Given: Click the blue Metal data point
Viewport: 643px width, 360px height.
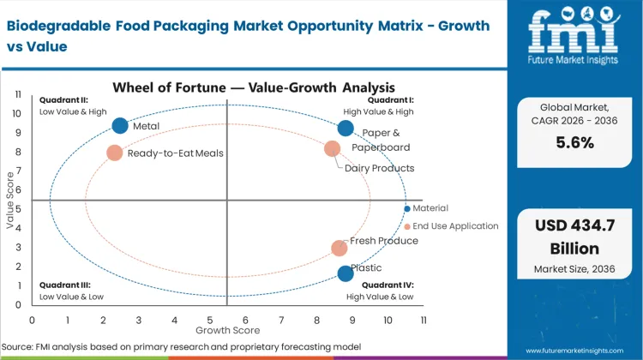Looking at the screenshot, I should [x=120, y=126].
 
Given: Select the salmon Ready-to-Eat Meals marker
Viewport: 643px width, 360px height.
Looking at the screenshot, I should [x=115, y=153].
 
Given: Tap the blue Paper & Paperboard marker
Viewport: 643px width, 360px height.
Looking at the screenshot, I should [x=346, y=129].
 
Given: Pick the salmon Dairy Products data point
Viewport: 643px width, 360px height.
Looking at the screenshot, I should [x=333, y=149].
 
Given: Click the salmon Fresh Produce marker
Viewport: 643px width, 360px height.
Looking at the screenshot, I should [x=340, y=248].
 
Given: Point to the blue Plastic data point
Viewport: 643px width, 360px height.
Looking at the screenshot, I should [x=346, y=273].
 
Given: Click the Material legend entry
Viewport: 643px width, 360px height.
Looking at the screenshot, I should [x=430, y=208].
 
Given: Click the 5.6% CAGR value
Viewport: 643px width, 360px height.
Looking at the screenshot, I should [x=574, y=143].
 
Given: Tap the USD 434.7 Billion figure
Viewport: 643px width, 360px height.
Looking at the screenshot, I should [x=574, y=237].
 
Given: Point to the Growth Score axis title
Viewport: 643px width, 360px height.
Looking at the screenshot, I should [x=227, y=329].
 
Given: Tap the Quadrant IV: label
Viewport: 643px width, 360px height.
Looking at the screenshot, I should [x=388, y=285].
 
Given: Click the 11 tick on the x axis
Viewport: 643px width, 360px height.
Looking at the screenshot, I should [x=424, y=319].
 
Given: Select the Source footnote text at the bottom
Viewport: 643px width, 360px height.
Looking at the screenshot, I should [x=180, y=346].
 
